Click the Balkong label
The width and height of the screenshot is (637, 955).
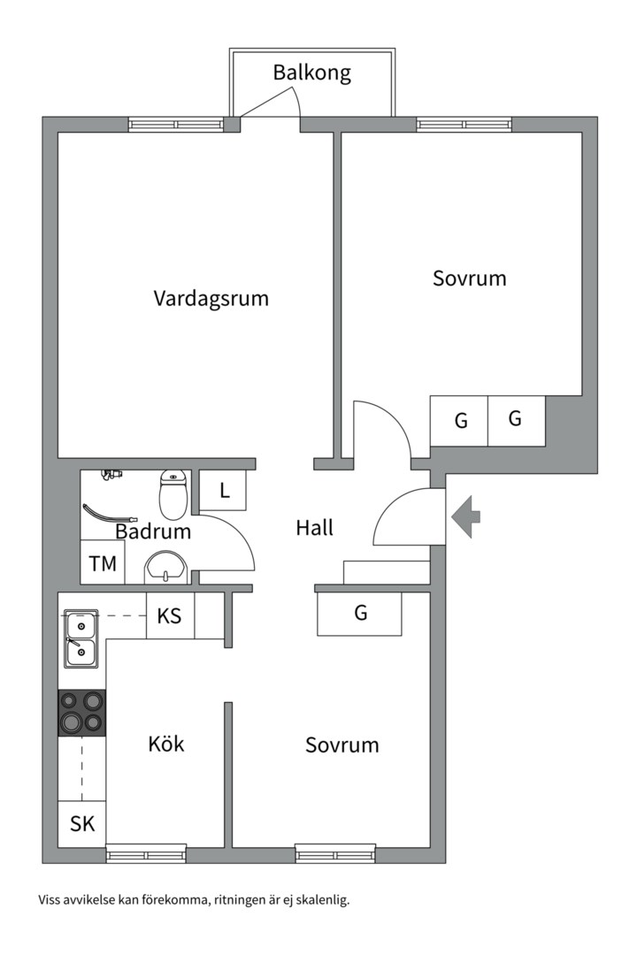click(311, 73)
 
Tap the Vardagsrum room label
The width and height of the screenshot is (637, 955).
click(211, 298)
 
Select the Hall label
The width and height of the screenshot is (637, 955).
click(314, 528)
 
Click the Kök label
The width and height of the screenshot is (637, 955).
click(166, 744)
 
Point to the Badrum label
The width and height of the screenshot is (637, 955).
click(153, 531)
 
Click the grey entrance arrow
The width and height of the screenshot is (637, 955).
click(465, 516)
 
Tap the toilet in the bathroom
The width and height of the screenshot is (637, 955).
click(173, 495)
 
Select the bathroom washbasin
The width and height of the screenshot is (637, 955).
click(165, 567)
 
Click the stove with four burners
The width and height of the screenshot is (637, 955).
click(81, 713)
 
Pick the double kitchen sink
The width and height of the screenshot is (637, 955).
click(81, 639)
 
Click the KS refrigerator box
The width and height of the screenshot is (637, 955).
click(170, 615)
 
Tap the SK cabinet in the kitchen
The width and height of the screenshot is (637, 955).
click(81, 824)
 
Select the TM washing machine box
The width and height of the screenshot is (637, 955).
click(103, 564)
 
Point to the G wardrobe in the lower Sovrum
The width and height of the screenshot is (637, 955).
click(359, 613)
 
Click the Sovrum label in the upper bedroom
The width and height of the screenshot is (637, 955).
click(469, 279)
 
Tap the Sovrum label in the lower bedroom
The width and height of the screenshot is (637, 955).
click(342, 745)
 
